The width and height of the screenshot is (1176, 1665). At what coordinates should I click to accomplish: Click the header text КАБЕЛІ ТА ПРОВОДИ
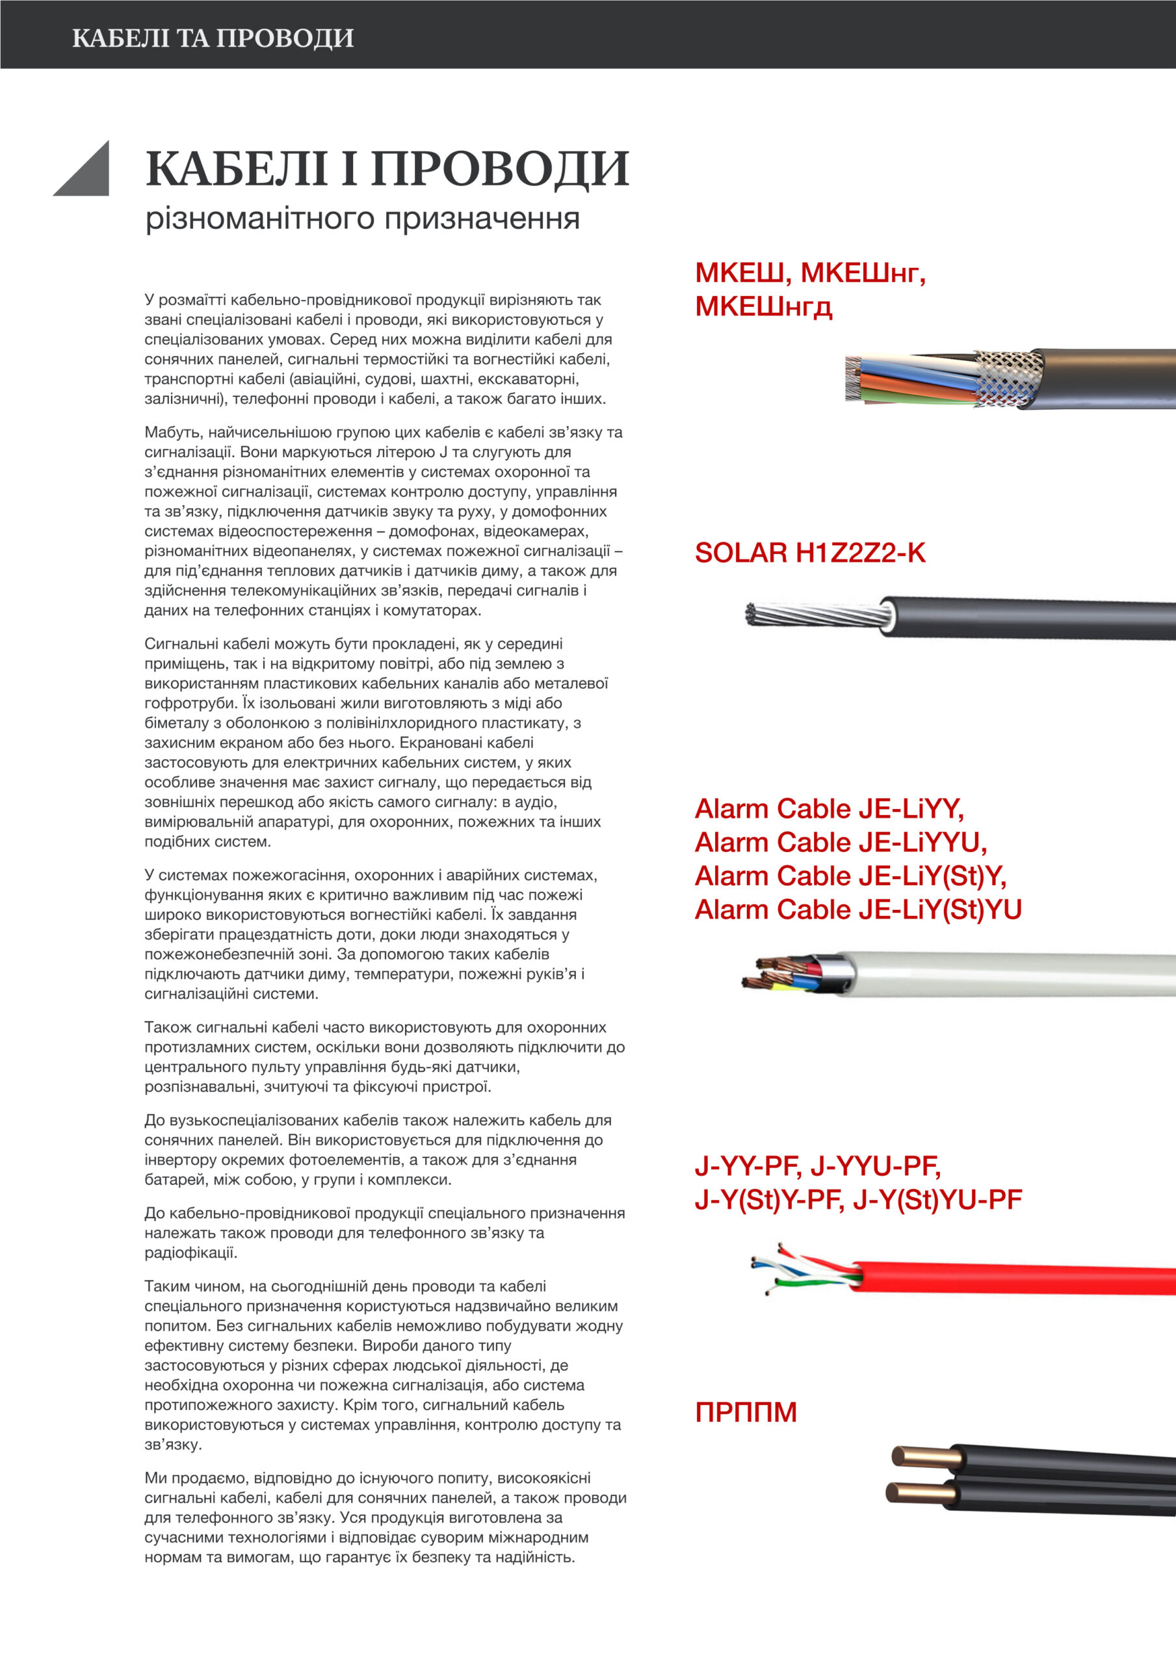pos(213,38)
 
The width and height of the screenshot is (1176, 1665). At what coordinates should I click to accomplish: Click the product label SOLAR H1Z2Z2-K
pos(809,553)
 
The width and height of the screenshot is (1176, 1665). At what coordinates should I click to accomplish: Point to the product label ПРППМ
pos(746,1412)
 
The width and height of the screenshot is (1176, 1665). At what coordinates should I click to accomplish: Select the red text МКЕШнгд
pos(763,307)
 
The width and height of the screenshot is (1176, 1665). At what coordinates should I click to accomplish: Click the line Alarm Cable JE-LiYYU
pos(840,842)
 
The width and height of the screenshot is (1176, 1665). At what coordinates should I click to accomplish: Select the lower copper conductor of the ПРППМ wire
pos(917,1493)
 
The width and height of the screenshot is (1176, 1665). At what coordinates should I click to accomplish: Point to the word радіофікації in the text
pos(190,1253)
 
